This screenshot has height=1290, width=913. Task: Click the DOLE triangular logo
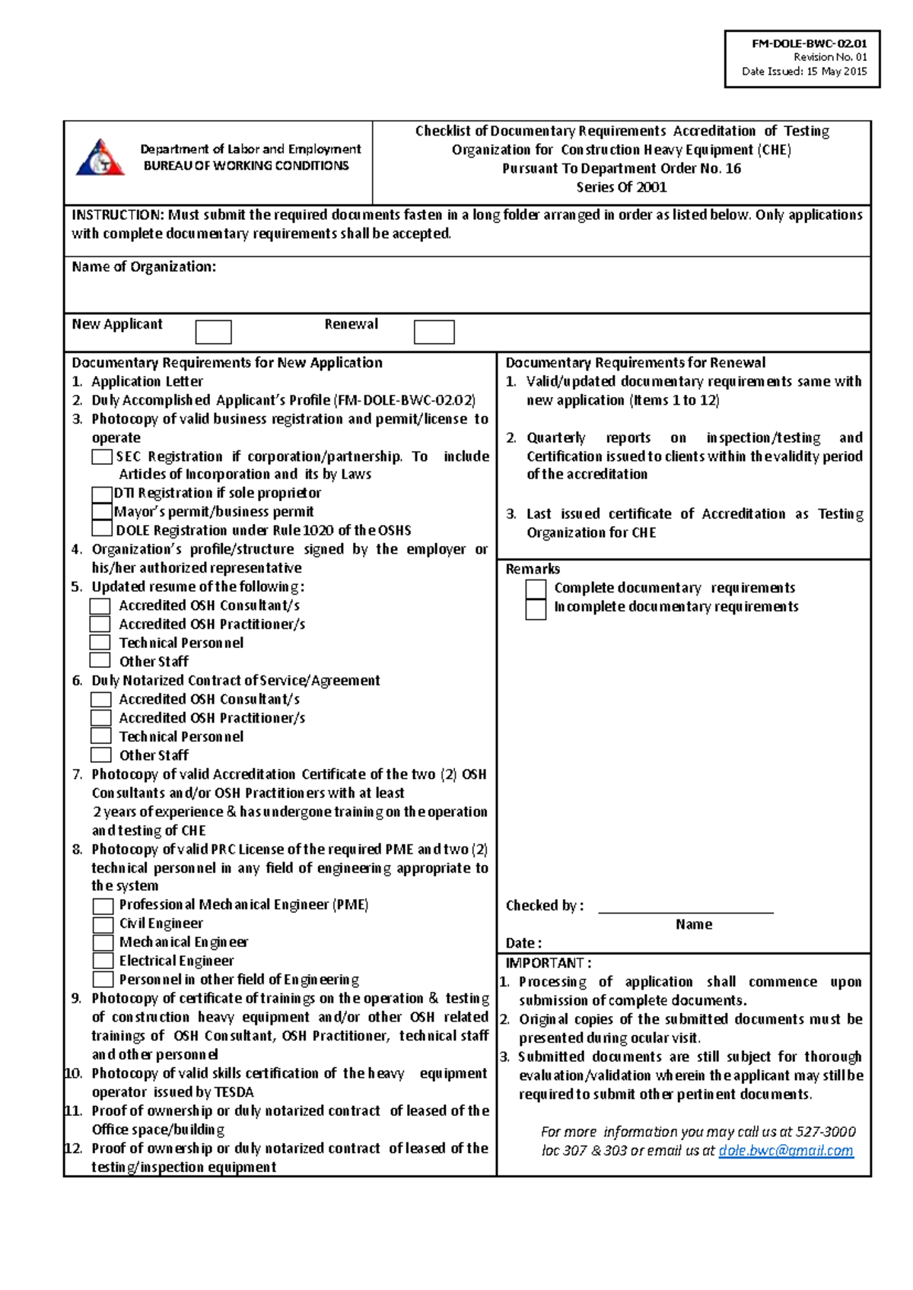tap(100, 158)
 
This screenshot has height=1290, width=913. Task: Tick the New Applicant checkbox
tap(213, 332)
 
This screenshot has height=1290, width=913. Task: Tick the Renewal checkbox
tap(434, 332)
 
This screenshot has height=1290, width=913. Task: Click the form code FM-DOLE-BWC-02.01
tap(809, 43)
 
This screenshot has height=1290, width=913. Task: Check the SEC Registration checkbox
tap(102, 456)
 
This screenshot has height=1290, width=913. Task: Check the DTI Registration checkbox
tap(102, 494)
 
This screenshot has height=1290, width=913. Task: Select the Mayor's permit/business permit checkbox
tap(102, 512)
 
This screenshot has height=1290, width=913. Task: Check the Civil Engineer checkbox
tap(103, 924)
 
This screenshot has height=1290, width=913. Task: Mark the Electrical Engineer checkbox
tap(103, 961)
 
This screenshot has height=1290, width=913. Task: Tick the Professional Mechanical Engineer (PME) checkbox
tap(103, 906)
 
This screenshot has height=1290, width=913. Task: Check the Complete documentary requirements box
tap(536, 589)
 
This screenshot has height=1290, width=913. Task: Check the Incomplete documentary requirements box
tap(536, 608)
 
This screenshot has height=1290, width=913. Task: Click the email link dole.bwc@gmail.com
tap(785, 1151)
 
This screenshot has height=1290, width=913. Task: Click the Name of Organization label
tap(144, 267)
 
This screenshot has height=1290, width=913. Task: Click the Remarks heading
tap(533, 569)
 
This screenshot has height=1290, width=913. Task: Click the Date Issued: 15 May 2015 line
tap(804, 71)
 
